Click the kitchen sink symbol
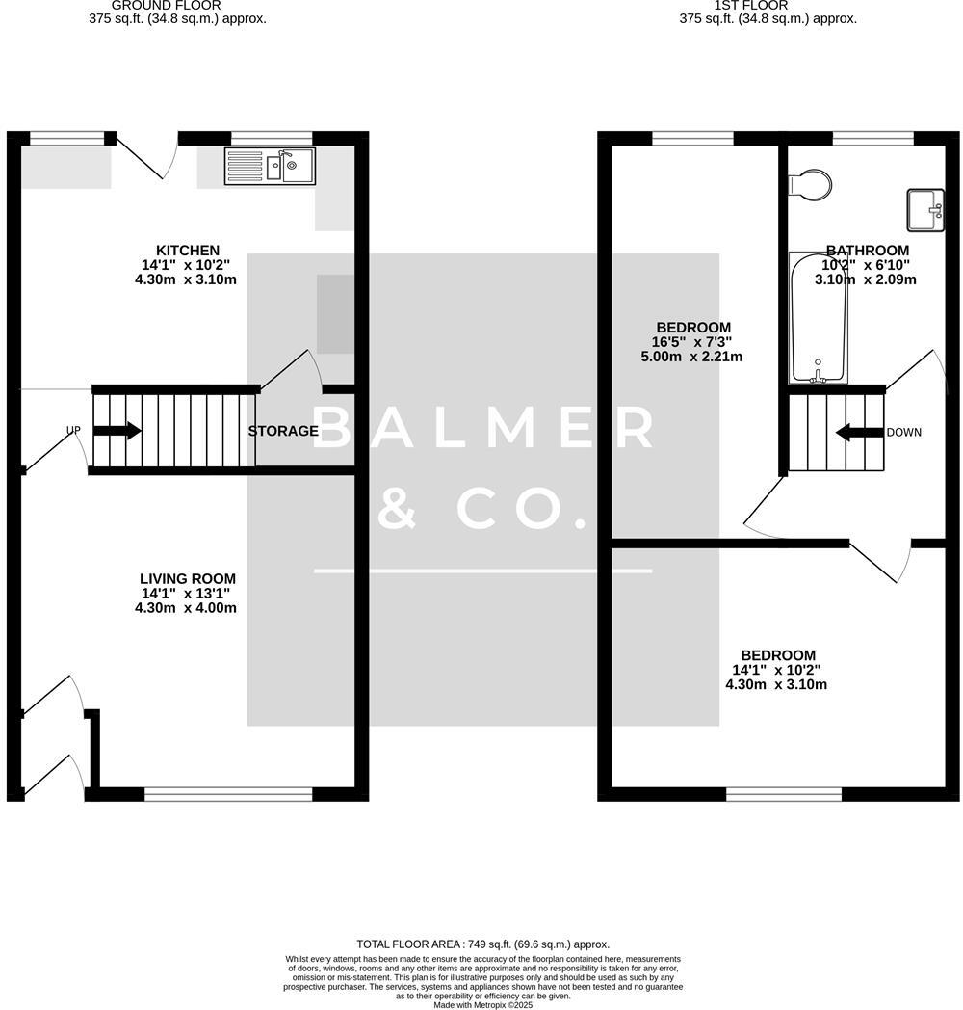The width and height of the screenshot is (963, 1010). pos(270,166)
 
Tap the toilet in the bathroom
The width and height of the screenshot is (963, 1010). pos(809,184)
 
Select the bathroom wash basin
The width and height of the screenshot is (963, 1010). pos(925,210)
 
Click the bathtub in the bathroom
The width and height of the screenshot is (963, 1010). pos(819,318)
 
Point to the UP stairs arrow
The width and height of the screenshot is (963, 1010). pos(117,431)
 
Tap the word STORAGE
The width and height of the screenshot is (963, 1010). pos(283,431)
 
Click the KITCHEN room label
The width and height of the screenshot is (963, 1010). pos(188,251)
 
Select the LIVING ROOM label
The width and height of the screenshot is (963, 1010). pos(187,579)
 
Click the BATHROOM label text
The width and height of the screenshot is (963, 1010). pos(867,251)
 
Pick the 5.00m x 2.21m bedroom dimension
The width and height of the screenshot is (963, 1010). pos(691,357)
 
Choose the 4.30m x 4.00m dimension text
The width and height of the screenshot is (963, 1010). pos(186,608)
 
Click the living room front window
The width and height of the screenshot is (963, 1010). pos(228,794)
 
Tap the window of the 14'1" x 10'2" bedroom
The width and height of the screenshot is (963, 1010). pos(784,794)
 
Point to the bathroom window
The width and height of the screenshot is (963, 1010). pos(872,138)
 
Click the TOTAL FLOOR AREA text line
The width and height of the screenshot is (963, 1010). pos(482,944)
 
